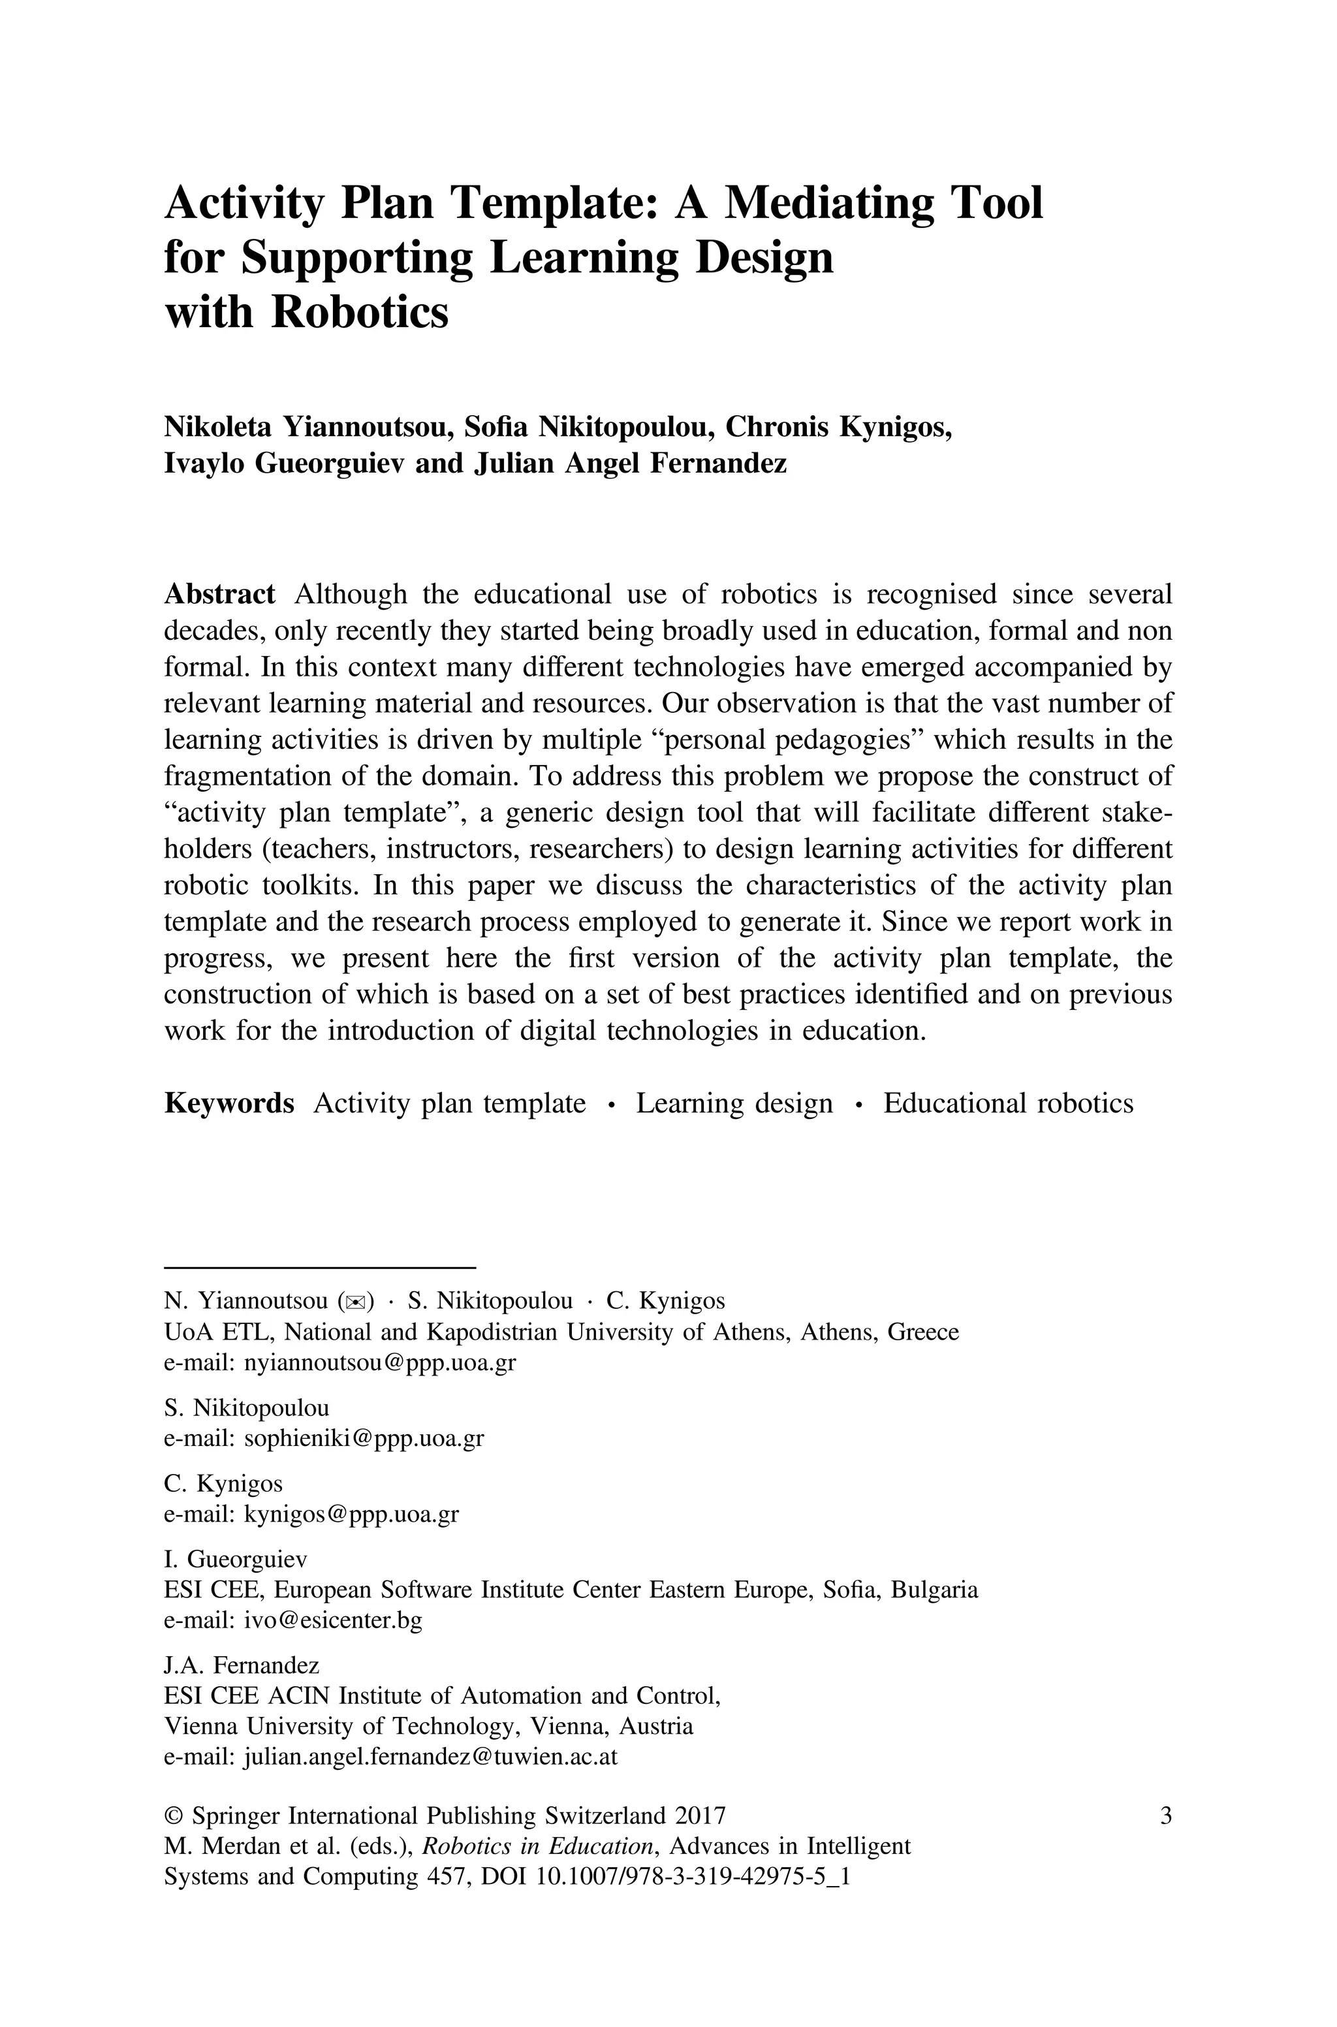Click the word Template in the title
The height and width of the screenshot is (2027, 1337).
click(x=554, y=204)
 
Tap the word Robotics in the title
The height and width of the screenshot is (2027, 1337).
click(x=359, y=312)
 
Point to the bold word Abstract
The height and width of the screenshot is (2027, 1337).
click(x=219, y=594)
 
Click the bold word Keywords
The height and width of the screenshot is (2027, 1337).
click(x=228, y=1103)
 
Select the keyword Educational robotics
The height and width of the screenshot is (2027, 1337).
click(x=1008, y=1103)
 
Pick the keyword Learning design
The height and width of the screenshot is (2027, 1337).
click(x=734, y=1103)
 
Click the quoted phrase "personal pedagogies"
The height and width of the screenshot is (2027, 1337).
click(x=788, y=740)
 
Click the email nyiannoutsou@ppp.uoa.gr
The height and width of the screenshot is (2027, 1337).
click(x=379, y=1362)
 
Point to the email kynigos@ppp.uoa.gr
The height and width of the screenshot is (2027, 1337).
click(x=351, y=1514)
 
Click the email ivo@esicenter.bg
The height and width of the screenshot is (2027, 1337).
click(x=332, y=1620)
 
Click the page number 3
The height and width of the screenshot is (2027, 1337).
click(x=1165, y=1815)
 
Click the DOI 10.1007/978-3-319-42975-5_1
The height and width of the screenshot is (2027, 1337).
click(x=693, y=1877)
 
